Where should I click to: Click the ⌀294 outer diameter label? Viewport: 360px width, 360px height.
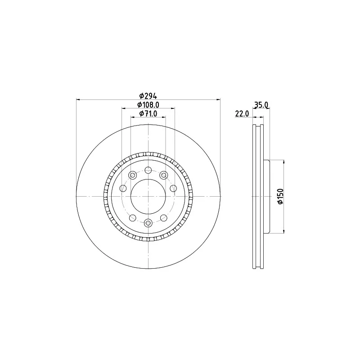tap(148, 95)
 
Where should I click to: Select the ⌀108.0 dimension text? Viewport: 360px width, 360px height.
tap(148, 105)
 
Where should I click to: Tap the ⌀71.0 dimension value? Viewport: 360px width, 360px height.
tap(148, 113)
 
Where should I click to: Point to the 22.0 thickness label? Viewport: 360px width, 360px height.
tap(242, 113)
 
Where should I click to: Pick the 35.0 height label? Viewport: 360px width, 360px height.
tap(261, 105)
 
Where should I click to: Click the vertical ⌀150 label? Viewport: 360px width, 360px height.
tap(280, 196)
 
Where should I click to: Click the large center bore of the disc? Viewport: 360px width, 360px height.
tap(148, 196)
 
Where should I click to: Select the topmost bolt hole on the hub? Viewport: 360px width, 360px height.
tap(148, 170)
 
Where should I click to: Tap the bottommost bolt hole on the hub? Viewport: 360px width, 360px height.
tap(148, 222)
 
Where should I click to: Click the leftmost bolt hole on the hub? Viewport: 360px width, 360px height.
tap(123, 189)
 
